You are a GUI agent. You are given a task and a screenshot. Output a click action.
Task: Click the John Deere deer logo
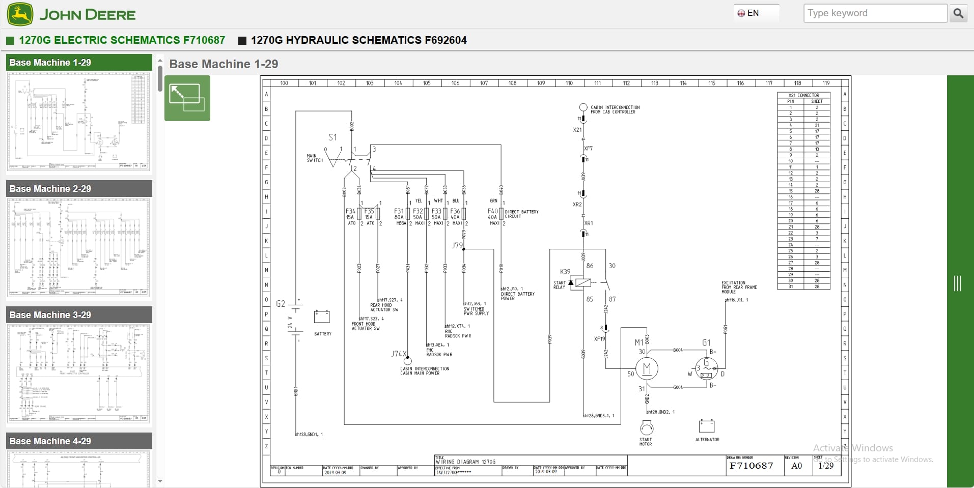tap(20, 14)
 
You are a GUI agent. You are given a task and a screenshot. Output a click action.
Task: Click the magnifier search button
tap(958, 13)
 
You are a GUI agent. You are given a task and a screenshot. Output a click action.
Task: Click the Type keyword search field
tap(875, 13)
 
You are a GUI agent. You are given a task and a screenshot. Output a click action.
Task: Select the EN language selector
tap(749, 13)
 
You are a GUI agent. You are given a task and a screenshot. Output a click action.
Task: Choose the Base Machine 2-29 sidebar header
tap(79, 189)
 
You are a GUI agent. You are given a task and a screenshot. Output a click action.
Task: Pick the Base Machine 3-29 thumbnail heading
tap(79, 315)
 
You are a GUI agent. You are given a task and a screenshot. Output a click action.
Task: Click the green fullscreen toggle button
tap(187, 98)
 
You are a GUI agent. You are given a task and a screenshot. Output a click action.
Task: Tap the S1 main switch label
tap(332, 137)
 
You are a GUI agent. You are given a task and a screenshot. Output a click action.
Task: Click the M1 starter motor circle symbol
tap(647, 368)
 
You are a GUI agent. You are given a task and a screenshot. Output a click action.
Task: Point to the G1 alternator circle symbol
tap(706, 368)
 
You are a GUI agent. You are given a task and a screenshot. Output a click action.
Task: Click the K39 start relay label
tap(565, 272)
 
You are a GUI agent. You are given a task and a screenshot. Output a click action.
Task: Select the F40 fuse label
tap(492, 211)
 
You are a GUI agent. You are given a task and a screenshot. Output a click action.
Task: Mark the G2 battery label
tap(281, 304)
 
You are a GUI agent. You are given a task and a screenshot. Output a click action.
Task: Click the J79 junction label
tap(457, 245)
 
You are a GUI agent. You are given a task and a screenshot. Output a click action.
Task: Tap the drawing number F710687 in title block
tap(751, 466)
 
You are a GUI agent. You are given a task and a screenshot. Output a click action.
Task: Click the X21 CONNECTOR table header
tap(803, 95)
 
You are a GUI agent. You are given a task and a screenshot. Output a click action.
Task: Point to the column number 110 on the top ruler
tap(569, 83)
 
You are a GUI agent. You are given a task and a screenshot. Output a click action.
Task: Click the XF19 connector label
tap(599, 338)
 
